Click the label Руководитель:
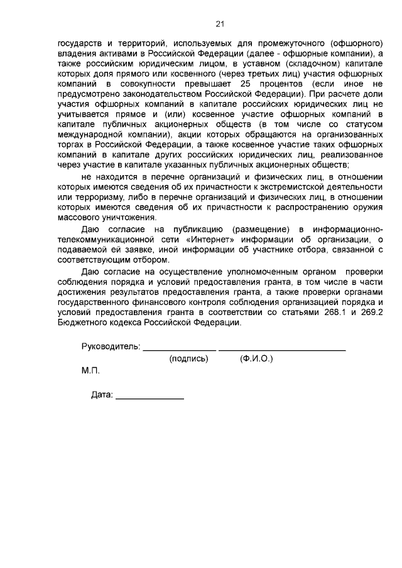point(111,347)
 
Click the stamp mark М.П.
point(90,370)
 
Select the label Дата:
point(102,395)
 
